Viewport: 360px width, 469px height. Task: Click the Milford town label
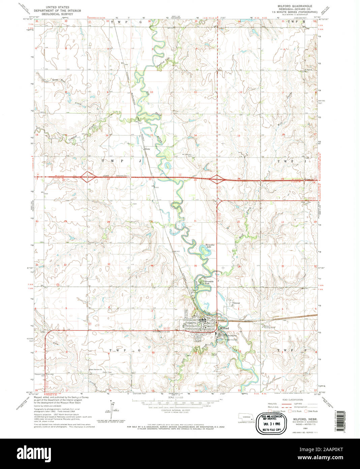click(224, 328)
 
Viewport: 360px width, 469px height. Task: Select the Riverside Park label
click(209, 282)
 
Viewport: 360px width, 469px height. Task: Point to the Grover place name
click(237, 303)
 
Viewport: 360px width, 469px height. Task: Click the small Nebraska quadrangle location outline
click(246, 416)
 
